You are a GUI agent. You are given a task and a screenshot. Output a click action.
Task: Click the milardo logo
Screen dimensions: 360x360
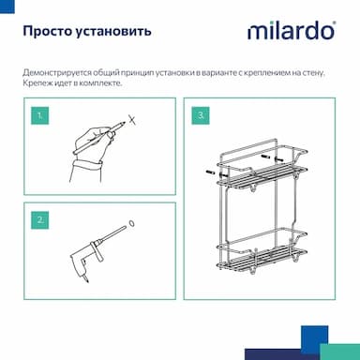point(292,31)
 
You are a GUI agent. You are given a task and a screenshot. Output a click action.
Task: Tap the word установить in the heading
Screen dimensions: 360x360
point(113,32)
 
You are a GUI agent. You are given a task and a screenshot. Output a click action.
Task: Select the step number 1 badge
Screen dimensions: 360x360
point(39,115)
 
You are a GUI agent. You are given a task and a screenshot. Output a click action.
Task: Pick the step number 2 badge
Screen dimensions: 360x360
point(39,220)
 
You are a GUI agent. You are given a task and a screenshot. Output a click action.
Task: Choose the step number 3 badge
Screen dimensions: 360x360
point(201,115)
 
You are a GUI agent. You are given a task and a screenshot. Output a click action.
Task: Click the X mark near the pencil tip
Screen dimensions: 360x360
point(132,119)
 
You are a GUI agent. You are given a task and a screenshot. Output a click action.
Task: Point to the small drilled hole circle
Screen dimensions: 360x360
point(131,224)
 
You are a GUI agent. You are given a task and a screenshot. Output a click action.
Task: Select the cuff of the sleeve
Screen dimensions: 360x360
point(88,165)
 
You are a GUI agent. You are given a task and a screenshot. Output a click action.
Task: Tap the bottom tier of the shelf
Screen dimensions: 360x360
point(262,255)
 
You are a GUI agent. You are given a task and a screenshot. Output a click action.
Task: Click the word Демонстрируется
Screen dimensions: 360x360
point(57,73)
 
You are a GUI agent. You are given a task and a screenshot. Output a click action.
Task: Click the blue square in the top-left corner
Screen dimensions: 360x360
point(7,7)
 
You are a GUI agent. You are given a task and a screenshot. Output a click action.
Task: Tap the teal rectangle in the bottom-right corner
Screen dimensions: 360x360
point(340,352)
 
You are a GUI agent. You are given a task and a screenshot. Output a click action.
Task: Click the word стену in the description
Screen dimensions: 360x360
point(313,73)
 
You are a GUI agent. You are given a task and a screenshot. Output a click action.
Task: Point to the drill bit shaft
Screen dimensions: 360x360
point(112,233)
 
